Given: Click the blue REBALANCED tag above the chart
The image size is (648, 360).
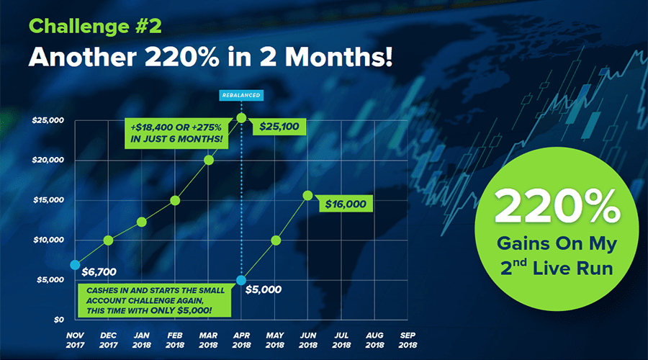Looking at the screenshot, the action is [x=241, y=96].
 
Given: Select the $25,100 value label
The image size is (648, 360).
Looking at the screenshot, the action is [x=279, y=127].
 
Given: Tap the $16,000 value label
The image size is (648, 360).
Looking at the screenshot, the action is [x=346, y=204].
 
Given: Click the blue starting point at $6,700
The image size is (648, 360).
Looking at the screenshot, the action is [x=75, y=265].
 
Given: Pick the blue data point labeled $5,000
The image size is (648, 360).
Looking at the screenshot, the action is [x=241, y=281].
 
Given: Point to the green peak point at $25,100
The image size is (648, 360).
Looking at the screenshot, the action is [x=241, y=118].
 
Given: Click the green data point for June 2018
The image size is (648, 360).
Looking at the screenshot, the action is [x=308, y=196].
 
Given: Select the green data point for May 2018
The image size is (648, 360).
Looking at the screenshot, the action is [x=276, y=240].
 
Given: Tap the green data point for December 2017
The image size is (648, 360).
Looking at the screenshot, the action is [x=108, y=240].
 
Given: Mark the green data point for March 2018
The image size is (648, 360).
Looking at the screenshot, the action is [x=209, y=160].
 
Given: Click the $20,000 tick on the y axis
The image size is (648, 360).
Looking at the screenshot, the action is [x=48, y=160].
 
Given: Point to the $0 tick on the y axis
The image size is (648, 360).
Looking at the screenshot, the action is [x=59, y=320].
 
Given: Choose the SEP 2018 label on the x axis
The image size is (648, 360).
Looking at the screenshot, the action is [x=408, y=340].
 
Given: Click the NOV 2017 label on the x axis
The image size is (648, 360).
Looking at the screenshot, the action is [x=75, y=340].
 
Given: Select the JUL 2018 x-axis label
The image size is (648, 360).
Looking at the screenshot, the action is [x=341, y=340].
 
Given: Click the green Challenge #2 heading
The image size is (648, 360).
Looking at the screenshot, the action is [x=95, y=27].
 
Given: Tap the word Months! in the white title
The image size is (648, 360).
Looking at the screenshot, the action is [x=339, y=57].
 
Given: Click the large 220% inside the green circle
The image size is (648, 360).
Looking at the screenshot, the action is [x=557, y=206].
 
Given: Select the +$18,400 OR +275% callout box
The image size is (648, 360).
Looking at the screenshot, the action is [x=176, y=133].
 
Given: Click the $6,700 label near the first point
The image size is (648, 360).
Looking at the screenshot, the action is [x=99, y=272].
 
